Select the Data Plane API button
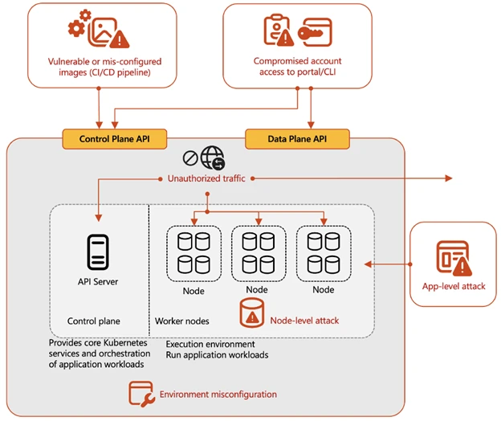tap(297, 139)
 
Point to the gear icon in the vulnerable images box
tap(77, 28)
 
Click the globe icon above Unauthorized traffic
tap(213, 157)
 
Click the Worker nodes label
tap(182, 321)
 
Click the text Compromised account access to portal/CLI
tap(296, 67)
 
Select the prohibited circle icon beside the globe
tap(190, 158)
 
